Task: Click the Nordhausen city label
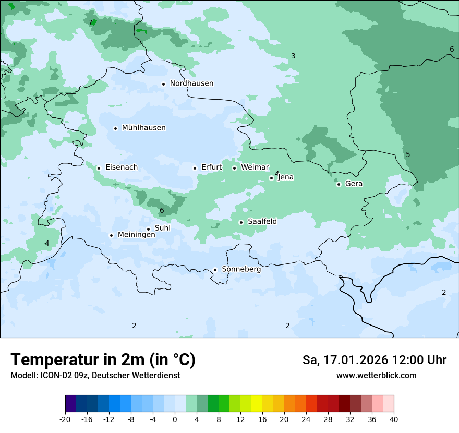pos(191,83)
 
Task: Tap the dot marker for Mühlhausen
pos(115,128)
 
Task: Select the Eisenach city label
pos(122,167)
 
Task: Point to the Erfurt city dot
pos(195,168)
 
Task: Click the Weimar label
pos(255,167)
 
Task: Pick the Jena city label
pos(286,177)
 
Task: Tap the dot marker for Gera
pos(339,184)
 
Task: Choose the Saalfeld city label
pos(262,222)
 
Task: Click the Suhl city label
pos(163,228)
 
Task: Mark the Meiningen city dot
pos(111,235)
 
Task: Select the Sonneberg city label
pos(241,269)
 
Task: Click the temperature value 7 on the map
pos(90,22)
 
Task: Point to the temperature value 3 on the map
pos(293,56)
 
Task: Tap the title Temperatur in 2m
pos(103,360)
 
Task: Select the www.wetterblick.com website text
pos(376,376)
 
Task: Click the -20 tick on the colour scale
pos(65,419)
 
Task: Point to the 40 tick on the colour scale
pos(394,419)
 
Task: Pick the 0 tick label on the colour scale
pos(175,419)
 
